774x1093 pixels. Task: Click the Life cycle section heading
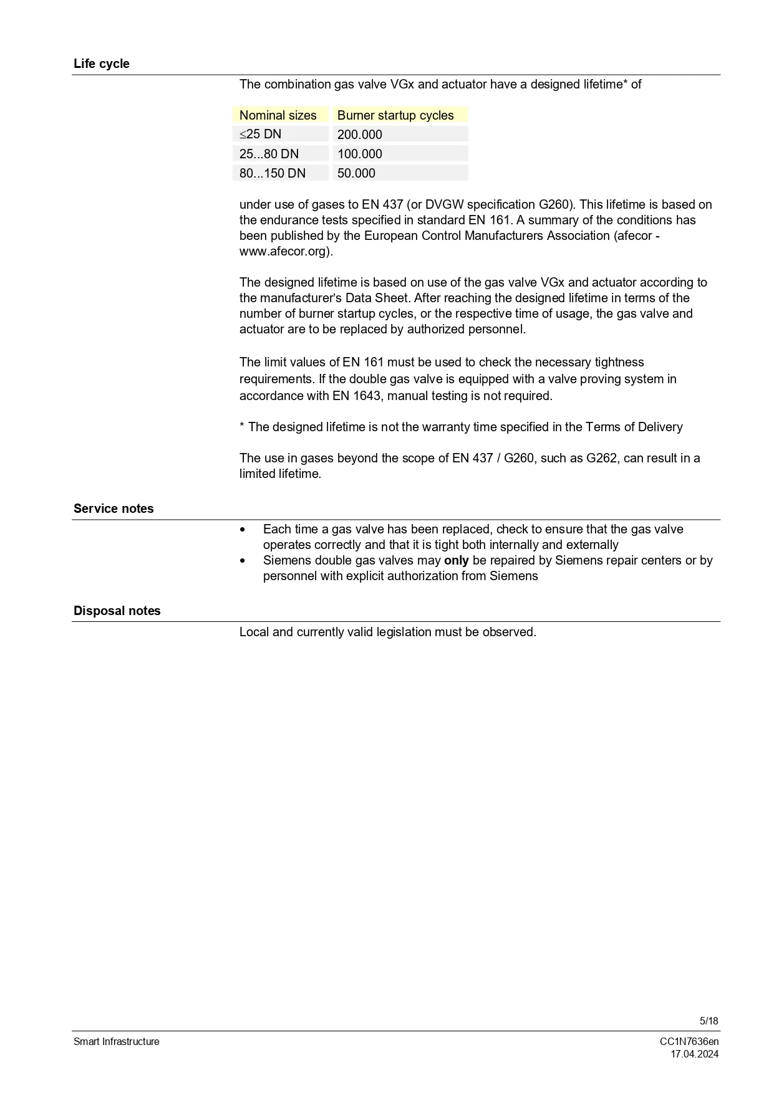tap(102, 64)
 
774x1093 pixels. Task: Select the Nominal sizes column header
tap(278, 115)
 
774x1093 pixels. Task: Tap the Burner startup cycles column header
tap(395, 115)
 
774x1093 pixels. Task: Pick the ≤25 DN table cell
tap(261, 135)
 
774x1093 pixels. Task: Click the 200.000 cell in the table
tap(360, 135)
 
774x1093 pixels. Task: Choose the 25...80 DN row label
tap(269, 154)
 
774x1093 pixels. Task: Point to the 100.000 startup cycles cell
tap(360, 154)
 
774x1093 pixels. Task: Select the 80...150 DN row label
tap(273, 173)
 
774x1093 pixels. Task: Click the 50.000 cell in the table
tap(356, 173)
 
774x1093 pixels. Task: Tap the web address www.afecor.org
tap(284, 251)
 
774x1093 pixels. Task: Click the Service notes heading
tap(114, 508)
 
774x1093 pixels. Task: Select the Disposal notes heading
tap(117, 611)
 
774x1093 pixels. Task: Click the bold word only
tap(457, 560)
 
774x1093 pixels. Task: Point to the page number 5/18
tap(709, 1021)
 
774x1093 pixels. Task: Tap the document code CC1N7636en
tap(689, 1041)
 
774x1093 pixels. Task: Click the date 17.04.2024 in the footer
tap(694, 1054)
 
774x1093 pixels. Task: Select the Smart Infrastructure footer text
tap(117, 1041)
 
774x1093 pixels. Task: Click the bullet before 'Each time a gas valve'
tap(243, 530)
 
